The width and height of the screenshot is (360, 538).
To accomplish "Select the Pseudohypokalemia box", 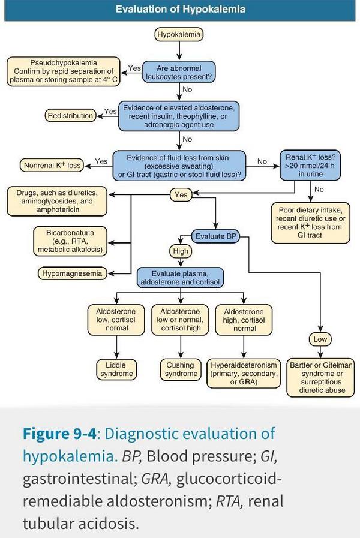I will click(64, 71).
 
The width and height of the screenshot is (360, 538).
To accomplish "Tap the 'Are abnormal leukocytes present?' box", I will click(179, 72).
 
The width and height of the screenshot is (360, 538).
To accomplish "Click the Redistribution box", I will click(70, 115).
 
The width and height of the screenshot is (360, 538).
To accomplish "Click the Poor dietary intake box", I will click(310, 223).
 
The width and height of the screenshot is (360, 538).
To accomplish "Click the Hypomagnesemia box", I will click(71, 273).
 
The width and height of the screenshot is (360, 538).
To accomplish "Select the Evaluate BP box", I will click(215, 236).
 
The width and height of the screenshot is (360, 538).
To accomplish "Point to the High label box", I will click(181, 251).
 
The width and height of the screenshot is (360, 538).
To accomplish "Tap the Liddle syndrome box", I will click(116, 369).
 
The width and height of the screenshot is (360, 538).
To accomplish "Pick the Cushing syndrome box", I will click(180, 369).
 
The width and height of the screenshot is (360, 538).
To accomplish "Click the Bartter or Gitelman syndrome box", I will click(322, 377).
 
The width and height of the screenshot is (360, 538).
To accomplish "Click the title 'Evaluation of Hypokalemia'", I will click(180, 10).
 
